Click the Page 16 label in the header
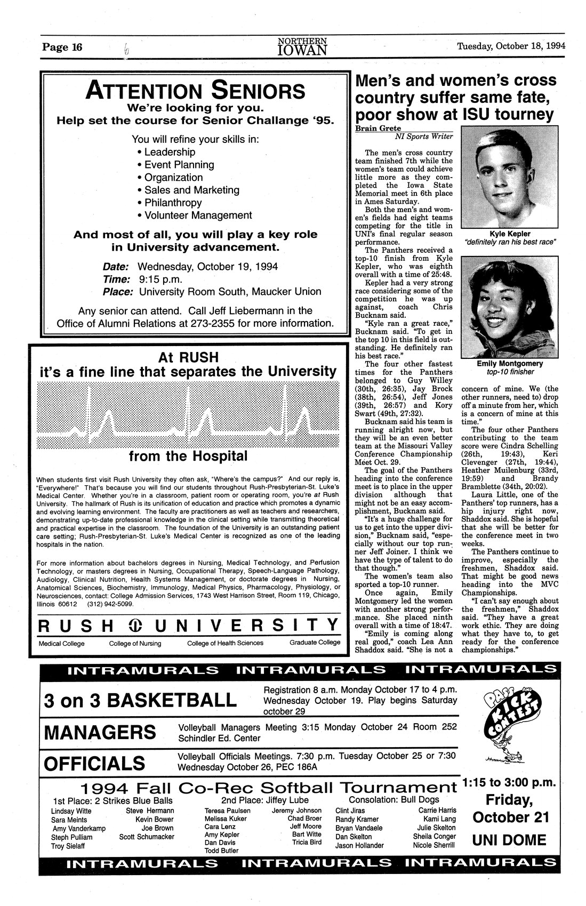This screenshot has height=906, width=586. (x=63, y=47)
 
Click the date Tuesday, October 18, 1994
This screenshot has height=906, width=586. (x=510, y=46)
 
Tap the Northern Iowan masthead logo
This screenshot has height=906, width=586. (x=302, y=47)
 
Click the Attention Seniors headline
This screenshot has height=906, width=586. (x=195, y=90)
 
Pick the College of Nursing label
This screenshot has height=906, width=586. (x=135, y=643)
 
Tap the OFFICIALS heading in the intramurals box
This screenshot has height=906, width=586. (x=94, y=764)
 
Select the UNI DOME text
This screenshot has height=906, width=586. (x=509, y=840)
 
